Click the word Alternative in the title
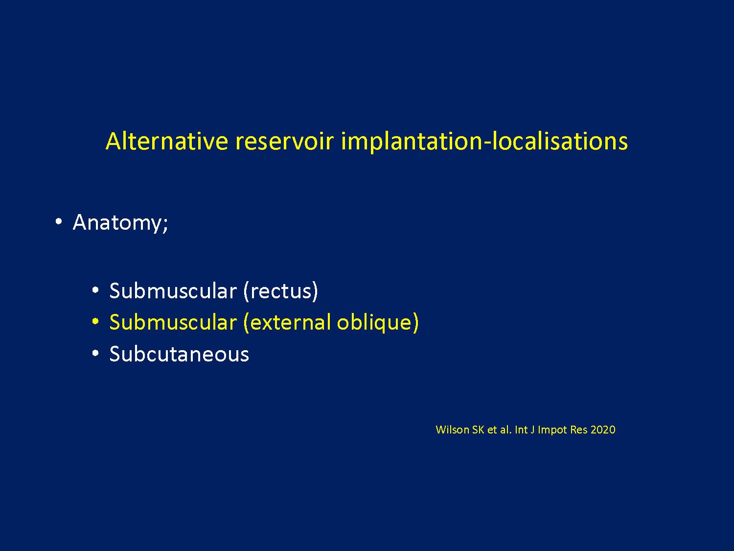point(167,141)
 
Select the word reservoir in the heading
point(285,141)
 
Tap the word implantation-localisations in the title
point(484,142)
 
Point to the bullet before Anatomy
point(59,221)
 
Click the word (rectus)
point(280,291)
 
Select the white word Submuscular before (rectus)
point(173,291)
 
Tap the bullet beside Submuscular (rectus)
point(95,290)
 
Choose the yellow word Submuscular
point(173,322)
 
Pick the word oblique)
point(378,322)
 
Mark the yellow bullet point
point(95,321)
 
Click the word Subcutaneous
point(179,354)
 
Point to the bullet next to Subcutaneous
point(95,353)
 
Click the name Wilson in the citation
point(453,430)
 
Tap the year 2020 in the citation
point(603,430)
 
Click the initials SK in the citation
point(478,430)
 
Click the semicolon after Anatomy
point(165,225)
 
